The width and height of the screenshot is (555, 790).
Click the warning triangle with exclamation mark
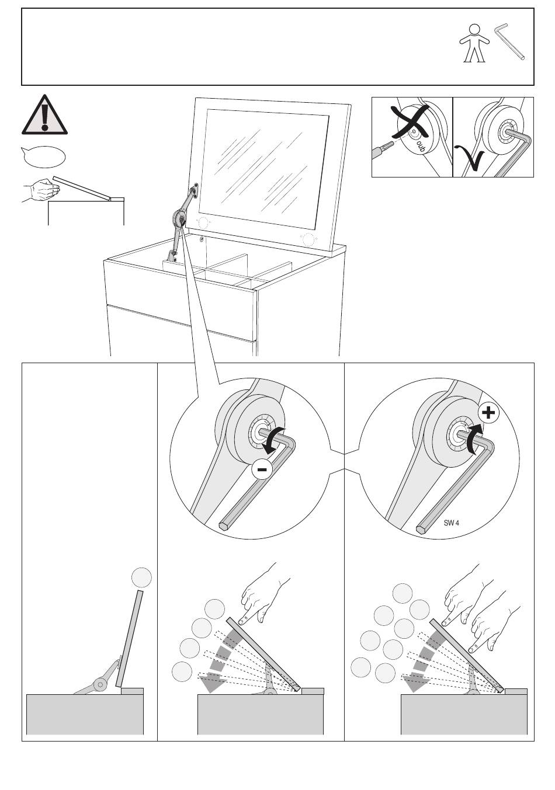click(x=44, y=114)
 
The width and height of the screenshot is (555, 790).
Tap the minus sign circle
click(x=263, y=469)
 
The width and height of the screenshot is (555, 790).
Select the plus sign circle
click(x=488, y=413)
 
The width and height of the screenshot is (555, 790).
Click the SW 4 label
click(x=451, y=523)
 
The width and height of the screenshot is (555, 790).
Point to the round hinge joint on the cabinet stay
click(x=179, y=218)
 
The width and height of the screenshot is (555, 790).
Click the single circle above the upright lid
click(x=141, y=577)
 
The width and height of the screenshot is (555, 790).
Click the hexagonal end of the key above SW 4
click(x=421, y=530)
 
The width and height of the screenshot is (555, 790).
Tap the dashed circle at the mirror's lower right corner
click(x=307, y=239)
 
